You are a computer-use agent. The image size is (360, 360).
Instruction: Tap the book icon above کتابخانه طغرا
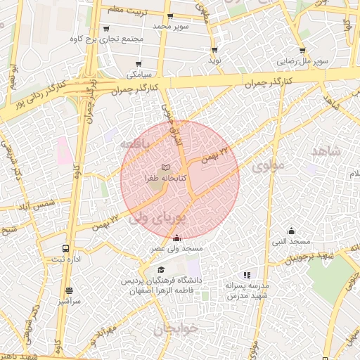click(165, 167)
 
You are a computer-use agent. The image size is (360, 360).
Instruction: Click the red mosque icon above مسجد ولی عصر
click(176, 238)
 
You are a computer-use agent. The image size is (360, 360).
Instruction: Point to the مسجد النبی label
click(291, 242)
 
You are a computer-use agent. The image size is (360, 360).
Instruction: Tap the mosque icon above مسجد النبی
click(291, 231)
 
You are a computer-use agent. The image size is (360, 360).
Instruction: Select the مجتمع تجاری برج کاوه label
click(112, 39)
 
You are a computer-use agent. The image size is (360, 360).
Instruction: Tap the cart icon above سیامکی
click(138, 62)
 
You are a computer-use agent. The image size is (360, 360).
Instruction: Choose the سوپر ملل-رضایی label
click(302, 62)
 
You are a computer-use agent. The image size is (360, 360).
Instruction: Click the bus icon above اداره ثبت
click(65, 249)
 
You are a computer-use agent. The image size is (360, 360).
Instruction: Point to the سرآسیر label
click(70, 300)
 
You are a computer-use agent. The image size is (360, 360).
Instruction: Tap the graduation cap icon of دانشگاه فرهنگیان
click(160, 270)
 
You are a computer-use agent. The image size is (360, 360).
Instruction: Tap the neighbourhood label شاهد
click(325, 151)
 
